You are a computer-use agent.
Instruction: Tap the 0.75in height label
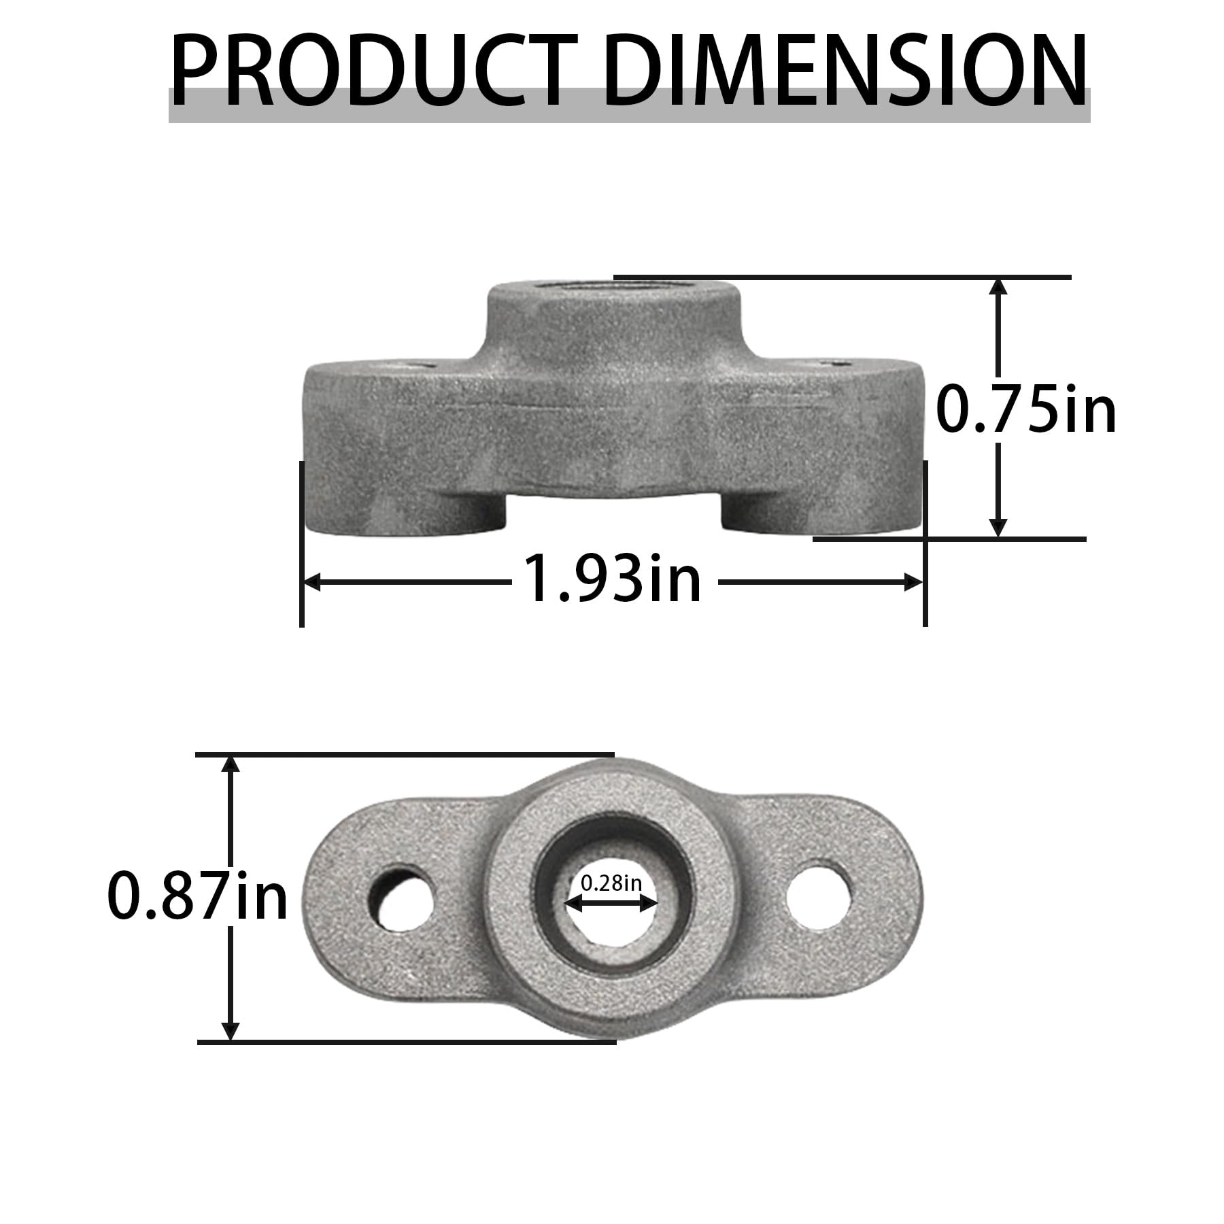pos(1025,410)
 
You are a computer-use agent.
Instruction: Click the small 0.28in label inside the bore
pos(611,883)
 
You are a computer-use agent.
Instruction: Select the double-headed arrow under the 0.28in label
pos(611,903)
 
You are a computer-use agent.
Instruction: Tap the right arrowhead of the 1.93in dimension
pos(913,582)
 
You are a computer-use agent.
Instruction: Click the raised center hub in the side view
pos(612,320)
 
